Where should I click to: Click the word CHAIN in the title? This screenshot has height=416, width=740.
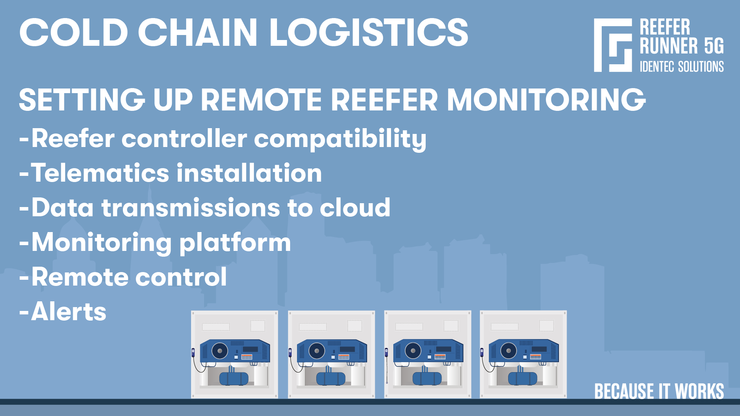tap(198, 33)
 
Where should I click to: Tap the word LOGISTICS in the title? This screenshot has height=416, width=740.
tap(369, 33)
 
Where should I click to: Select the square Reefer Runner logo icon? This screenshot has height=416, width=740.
tap(612, 45)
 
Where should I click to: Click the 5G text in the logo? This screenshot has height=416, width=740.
tap(714, 46)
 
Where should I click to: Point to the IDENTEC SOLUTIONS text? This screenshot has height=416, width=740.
tap(681, 67)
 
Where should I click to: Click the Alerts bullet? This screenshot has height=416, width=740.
tap(69, 312)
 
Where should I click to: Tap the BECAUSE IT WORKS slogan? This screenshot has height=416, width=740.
tap(659, 391)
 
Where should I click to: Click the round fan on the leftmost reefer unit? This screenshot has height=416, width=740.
tap(220, 351)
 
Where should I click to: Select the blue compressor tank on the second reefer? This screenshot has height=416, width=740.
tap(331, 379)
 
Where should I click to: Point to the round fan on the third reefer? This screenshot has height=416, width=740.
tap(413, 351)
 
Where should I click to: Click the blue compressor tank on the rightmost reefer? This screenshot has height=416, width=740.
tap(522, 379)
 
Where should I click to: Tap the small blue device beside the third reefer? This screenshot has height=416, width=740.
tap(386, 352)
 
